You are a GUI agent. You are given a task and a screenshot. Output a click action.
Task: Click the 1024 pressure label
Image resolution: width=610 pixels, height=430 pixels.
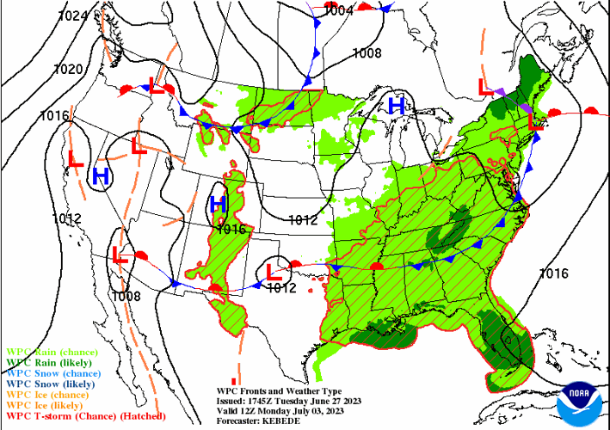tap(74, 15)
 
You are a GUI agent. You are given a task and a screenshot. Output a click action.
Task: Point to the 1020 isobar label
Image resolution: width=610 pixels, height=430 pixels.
tap(68, 70)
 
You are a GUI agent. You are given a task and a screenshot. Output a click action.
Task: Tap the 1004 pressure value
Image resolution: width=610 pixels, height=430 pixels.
tap(339, 11)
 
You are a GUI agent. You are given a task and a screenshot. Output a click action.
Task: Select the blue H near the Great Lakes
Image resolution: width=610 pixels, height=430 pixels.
tap(397, 106)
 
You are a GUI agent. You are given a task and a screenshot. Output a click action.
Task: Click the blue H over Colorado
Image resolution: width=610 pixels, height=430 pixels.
tap(218, 204)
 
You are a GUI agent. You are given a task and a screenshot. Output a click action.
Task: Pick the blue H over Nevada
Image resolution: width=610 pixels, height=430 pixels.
tap(101, 176)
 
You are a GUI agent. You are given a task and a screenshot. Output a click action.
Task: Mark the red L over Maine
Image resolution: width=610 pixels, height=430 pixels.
tap(535, 122)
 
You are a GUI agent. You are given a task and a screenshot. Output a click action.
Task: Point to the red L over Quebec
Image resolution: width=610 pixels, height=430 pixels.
tap(484, 86)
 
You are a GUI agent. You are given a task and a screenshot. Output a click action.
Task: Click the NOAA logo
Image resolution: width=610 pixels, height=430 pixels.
tap(576, 402)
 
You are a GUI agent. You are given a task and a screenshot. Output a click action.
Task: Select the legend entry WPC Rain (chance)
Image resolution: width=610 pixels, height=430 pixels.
tap(52, 352)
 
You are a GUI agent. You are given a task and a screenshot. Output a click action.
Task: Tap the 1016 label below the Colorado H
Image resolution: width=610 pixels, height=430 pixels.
tap(231, 229)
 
